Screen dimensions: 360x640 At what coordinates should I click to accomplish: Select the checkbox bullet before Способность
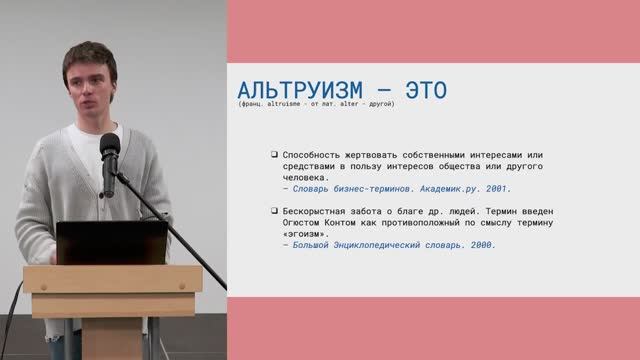click(x=274, y=154)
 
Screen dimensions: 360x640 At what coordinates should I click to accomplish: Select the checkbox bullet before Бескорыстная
click(x=274, y=211)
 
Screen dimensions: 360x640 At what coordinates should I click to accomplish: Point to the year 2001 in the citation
click(x=496, y=188)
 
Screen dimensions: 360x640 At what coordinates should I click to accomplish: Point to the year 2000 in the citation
click(x=481, y=244)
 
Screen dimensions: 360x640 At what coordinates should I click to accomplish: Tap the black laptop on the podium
click(x=111, y=243)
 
